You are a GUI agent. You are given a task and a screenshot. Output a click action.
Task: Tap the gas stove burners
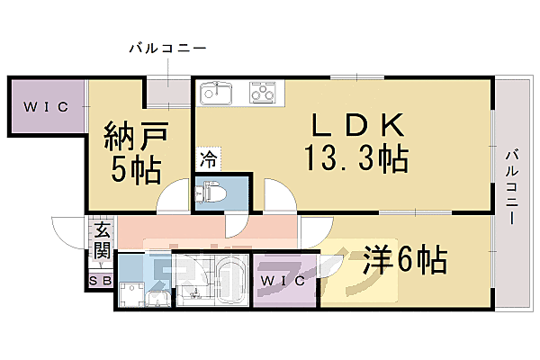[265, 93]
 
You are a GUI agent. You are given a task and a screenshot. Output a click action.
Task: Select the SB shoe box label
[100, 282]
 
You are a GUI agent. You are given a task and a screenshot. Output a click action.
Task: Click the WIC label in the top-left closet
[46, 107]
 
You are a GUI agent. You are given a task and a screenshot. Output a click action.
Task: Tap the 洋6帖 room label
[405, 262]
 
